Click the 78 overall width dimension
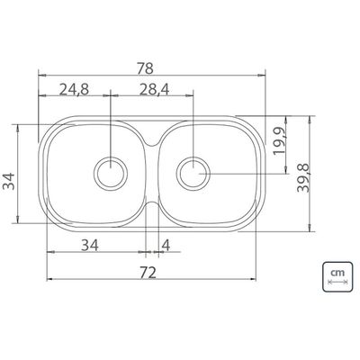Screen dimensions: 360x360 click(x=145, y=68)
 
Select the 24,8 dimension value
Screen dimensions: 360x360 click(x=74, y=89)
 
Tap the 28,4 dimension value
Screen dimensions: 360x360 click(x=154, y=89)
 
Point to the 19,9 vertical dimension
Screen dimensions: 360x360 click(x=279, y=140)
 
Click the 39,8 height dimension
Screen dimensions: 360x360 click(x=303, y=178)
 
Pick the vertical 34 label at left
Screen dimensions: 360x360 click(x=9, y=181)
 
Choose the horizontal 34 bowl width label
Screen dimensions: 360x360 click(x=90, y=246)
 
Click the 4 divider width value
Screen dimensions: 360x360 click(x=166, y=246)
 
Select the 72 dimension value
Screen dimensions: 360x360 click(x=148, y=273)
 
